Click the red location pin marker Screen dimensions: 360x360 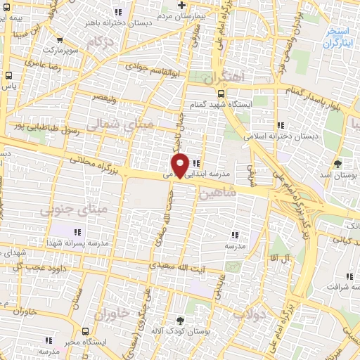click(x=181, y=165)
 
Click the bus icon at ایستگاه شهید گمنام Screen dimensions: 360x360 click(x=221, y=93)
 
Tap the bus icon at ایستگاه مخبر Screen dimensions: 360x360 click(x=85, y=330)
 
